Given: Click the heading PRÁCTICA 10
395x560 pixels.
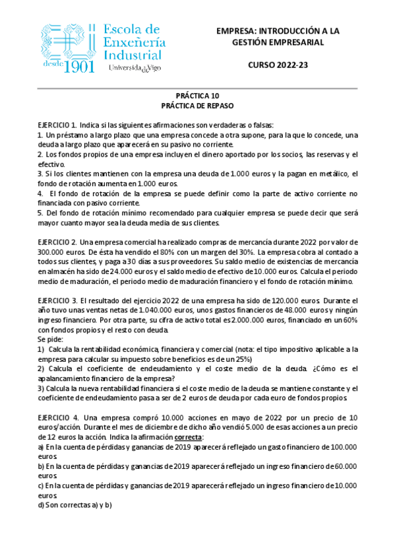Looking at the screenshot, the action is click(x=197, y=95).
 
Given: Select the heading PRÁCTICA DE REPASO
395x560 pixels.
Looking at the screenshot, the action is click(x=197, y=105).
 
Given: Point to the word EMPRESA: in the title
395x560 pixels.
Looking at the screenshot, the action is click(x=237, y=31).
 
